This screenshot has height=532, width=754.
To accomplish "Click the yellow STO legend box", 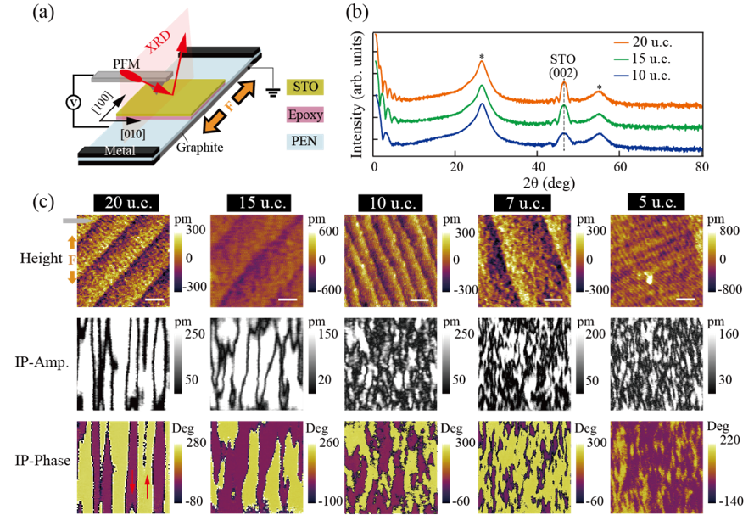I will point(305,87).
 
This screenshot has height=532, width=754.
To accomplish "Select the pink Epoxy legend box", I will point(305,115).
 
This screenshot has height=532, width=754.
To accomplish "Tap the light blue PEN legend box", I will point(305,141).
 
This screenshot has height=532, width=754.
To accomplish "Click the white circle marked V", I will point(73,103).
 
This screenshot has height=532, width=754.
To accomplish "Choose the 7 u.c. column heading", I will point(522,203).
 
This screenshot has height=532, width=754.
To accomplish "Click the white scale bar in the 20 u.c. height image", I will point(154,300).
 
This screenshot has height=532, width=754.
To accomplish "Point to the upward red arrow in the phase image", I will point(148,486).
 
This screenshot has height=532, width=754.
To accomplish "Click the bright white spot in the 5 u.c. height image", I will point(650,276).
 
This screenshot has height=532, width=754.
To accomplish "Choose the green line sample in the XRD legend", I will point(623,59).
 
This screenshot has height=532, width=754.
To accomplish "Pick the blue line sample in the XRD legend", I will point(623,76).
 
